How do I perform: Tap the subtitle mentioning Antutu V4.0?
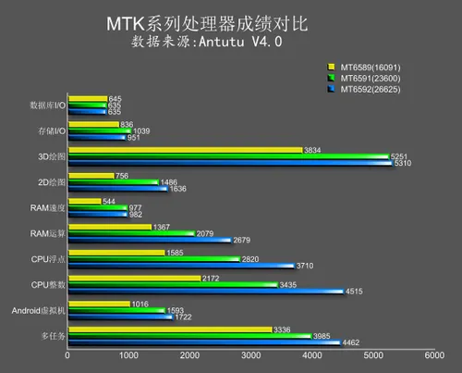(x=230, y=42)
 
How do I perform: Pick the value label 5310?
(x=402, y=163)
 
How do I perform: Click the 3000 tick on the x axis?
(x=251, y=355)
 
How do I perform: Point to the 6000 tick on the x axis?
(x=434, y=355)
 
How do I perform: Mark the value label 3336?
(x=285, y=329)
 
